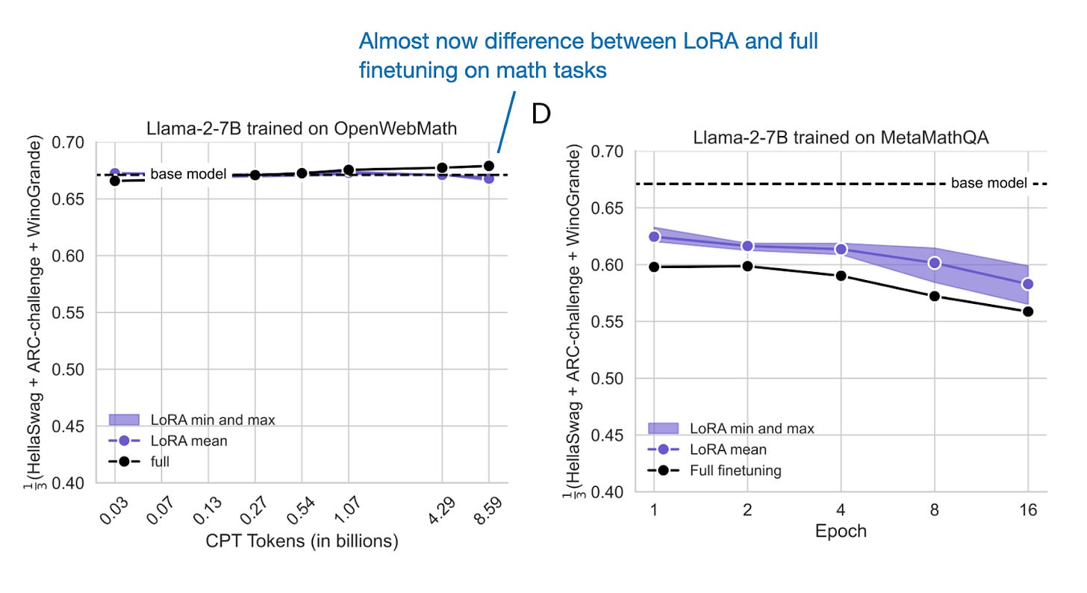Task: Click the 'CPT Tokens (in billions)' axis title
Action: [x=302, y=541]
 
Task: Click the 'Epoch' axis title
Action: [x=841, y=530]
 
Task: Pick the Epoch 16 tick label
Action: [x=1027, y=509]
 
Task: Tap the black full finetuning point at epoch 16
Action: [x=1027, y=311]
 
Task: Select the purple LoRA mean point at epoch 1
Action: [x=655, y=236]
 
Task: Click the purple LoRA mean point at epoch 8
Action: [x=934, y=263]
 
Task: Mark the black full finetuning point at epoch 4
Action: [x=841, y=276]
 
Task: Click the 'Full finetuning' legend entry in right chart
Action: [x=735, y=471]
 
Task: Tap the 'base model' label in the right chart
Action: [x=988, y=183]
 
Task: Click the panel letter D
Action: [x=541, y=114]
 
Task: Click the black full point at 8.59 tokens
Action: [x=489, y=166]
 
